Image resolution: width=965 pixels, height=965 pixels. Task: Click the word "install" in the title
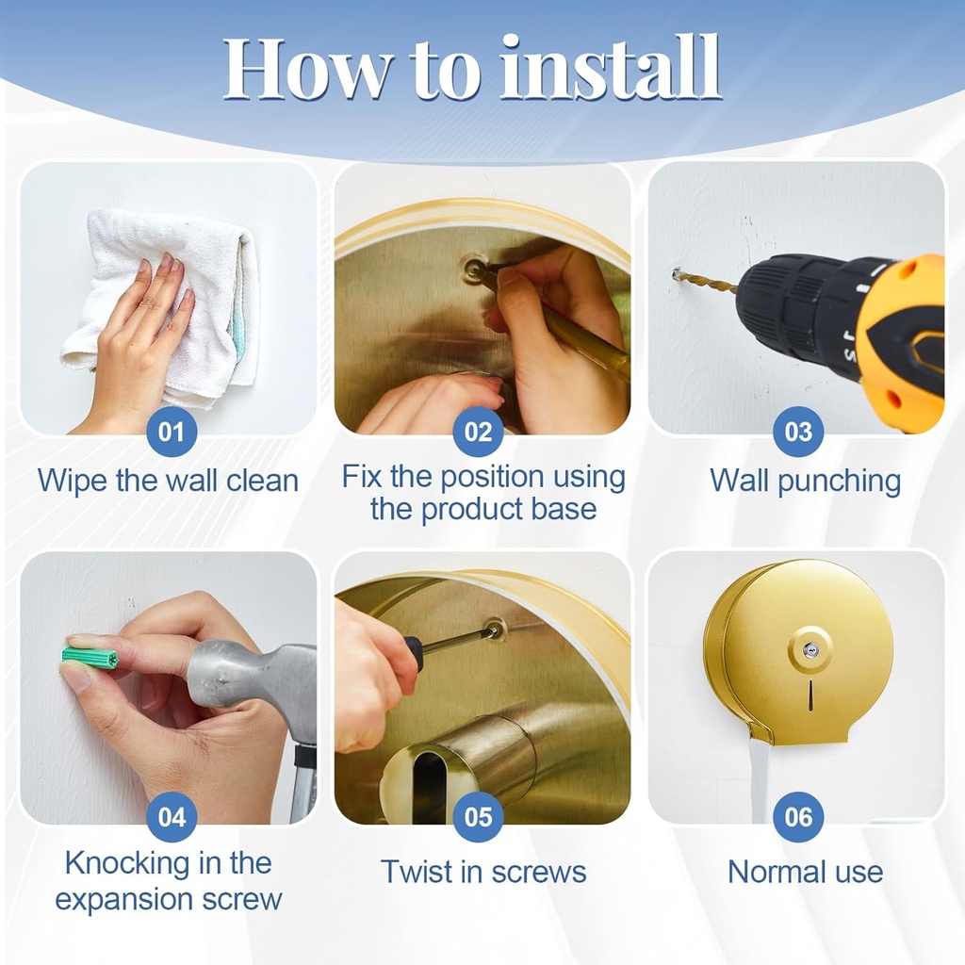pyautogui.click(x=610, y=67)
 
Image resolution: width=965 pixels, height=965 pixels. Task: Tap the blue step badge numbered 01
pyautogui.click(x=172, y=432)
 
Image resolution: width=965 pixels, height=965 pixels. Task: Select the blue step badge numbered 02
pyautogui.click(x=478, y=432)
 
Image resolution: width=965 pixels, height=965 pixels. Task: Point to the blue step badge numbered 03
pyautogui.click(x=798, y=432)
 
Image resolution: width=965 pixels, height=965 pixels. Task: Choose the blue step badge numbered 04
pyautogui.click(x=172, y=817)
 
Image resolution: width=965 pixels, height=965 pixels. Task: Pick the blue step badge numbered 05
pyautogui.click(x=478, y=817)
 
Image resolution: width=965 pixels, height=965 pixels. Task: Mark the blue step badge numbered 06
pyautogui.click(x=798, y=817)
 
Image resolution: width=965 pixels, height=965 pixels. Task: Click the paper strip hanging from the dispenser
pyautogui.click(x=760, y=780)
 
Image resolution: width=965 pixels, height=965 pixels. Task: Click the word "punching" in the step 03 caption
pyautogui.click(x=840, y=482)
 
